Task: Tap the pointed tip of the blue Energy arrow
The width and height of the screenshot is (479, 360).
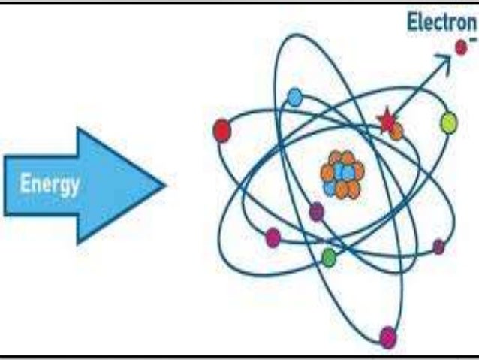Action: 163,185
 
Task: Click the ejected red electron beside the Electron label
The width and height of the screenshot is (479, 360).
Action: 461,48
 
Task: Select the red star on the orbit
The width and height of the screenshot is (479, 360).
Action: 387,121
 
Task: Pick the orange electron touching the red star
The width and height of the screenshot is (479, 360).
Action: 396,132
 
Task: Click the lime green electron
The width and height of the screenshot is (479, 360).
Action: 448,122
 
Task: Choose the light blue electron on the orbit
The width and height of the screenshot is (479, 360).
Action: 295,96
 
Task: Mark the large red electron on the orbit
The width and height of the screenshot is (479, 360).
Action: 222,131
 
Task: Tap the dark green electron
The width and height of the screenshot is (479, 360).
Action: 328,257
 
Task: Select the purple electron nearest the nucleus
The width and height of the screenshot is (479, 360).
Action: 317,212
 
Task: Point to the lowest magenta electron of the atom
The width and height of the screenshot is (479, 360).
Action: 388,337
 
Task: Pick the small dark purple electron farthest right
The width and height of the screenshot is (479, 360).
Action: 438,247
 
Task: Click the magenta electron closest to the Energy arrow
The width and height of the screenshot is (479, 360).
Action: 273,237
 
